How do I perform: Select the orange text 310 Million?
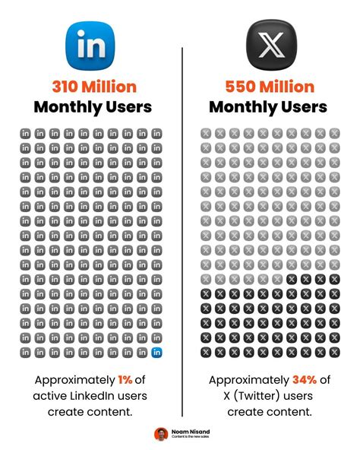[90, 86]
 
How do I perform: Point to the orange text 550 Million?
[270, 86]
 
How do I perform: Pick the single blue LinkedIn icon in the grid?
[156, 352]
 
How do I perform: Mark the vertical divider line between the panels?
[182, 228]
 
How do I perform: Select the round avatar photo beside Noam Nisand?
[160, 434]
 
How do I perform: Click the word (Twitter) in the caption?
[260, 395]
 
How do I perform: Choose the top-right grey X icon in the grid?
[334, 133]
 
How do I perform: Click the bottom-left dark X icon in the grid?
[205, 352]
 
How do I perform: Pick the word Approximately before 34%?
[248, 379]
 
